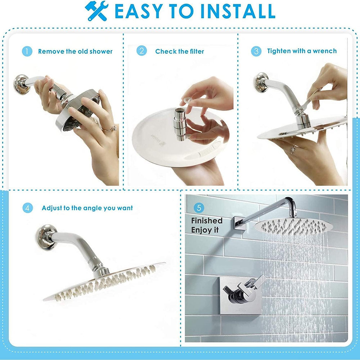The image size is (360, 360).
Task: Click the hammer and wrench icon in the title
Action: [96, 11]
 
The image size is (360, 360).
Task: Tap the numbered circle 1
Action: [27, 51]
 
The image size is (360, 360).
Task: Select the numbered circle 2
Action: [141, 51]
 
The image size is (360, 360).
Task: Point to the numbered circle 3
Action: [256, 51]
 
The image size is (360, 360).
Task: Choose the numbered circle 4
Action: [28, 208]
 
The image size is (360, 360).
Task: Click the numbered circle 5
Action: [199, 208]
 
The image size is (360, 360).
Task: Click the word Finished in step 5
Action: [207, 221]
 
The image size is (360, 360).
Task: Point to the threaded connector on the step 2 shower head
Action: [180, 124]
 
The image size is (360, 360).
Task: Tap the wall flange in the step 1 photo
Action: [21, 84]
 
